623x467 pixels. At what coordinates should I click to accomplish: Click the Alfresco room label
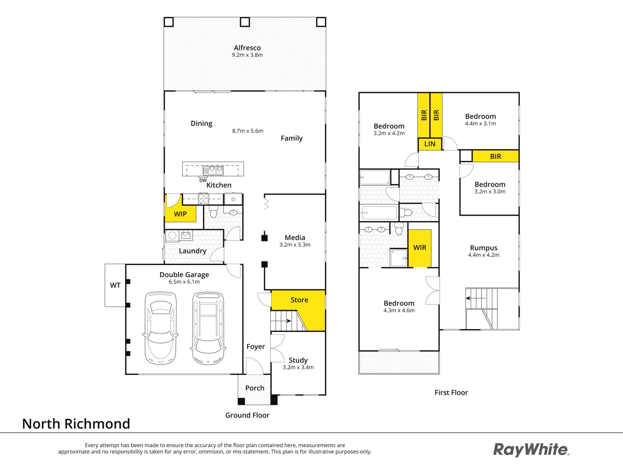[247, 48]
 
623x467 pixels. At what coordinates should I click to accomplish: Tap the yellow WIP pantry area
[180, 214]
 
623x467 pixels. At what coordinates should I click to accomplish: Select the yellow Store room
[299, 300]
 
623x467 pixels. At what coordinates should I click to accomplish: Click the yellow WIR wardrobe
[420, 248]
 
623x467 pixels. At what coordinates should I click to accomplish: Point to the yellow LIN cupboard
[430, 144]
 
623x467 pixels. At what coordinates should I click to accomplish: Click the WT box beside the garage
[115, 285]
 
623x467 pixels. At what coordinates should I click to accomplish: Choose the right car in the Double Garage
[208, 328]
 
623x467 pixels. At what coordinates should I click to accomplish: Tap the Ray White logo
[531, 450]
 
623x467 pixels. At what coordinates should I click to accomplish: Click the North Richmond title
[76, 424]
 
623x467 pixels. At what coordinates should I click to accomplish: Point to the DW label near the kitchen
[203, 180]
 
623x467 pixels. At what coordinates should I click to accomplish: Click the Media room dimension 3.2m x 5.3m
[295, 245]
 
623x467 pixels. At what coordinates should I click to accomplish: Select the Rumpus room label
[484, 248]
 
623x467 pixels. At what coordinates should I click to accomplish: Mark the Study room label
[298, 360]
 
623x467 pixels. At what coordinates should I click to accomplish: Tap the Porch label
[255, 388]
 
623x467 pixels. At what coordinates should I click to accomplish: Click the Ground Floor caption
[247, 415]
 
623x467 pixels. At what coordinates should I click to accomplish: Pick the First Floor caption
[451, 393]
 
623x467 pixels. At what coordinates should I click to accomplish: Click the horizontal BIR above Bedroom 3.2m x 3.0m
[495, 157]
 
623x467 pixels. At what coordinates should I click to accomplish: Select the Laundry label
[193, 251]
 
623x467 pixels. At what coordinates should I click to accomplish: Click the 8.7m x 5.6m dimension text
[247, 131]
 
